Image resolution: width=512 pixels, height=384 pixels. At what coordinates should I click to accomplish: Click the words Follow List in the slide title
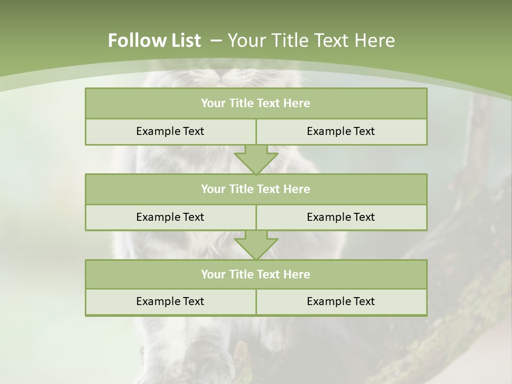click(x=154, y=41)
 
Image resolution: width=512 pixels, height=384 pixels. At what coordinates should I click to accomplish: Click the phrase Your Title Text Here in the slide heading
click(x=311, y=41)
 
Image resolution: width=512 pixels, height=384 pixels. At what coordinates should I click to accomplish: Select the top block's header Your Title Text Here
click(x=255, y=103)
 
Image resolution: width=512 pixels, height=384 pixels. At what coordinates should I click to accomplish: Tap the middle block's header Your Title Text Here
click(x=255, y=189)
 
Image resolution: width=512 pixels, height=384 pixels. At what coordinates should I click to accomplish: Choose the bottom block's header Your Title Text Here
click(x=255, y=274)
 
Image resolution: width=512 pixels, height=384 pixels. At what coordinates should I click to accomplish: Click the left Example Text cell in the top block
click(x=170, y=131)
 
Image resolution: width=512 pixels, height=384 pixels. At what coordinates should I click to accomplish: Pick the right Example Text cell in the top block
click(x=341, y=131)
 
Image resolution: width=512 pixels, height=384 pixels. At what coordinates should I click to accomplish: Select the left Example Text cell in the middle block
click(x=170, y=217)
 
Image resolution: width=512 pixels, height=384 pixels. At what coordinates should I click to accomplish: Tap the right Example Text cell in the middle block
click(x=341, y=217)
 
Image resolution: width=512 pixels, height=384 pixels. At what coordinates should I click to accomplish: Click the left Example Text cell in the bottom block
click(x=170, y=301)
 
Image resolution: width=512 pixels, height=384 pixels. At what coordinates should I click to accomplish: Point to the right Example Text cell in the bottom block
click(x=341, y=301)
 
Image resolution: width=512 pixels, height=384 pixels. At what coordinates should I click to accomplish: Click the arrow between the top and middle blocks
click(x=256, y=159)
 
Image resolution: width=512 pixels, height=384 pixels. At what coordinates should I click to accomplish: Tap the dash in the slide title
click(x=216, y=41)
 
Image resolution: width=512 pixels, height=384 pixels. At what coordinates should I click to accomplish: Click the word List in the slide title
click(x=183, y=41)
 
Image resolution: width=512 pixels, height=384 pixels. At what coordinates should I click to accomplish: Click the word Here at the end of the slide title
click(x=376, y=41)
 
